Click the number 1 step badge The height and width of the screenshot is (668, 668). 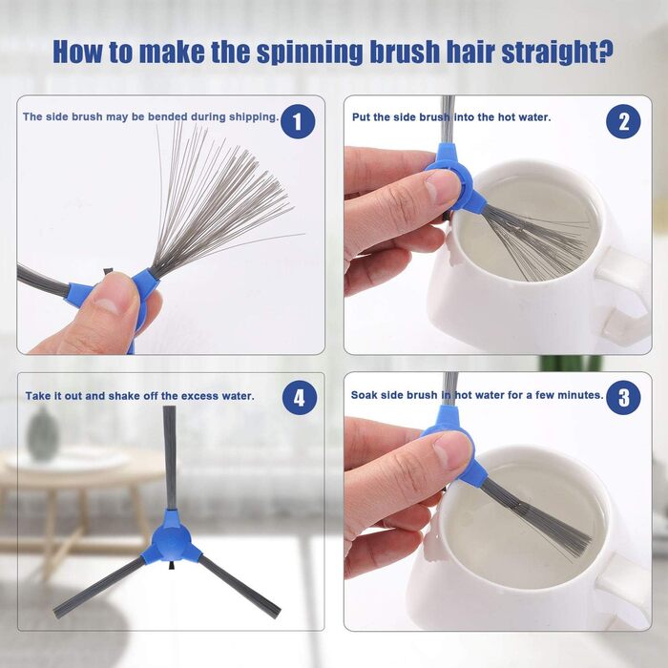click(x=298, y=121)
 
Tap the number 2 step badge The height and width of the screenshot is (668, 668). click(x=623, y=121)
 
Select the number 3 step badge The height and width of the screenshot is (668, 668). click(x=623, y=398)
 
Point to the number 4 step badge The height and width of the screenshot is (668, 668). click(x=300, y=398)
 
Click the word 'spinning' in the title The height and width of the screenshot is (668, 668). click(x=310, y=52)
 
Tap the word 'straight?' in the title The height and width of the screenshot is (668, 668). click(x=557, y=52)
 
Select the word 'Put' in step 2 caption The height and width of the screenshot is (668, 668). click(x=361, y=117)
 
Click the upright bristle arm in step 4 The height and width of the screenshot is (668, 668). click(x=170, y=457)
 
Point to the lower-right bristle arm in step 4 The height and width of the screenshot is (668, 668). click(x=240, y=585)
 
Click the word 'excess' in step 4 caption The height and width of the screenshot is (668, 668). click(x=196, y=396)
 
